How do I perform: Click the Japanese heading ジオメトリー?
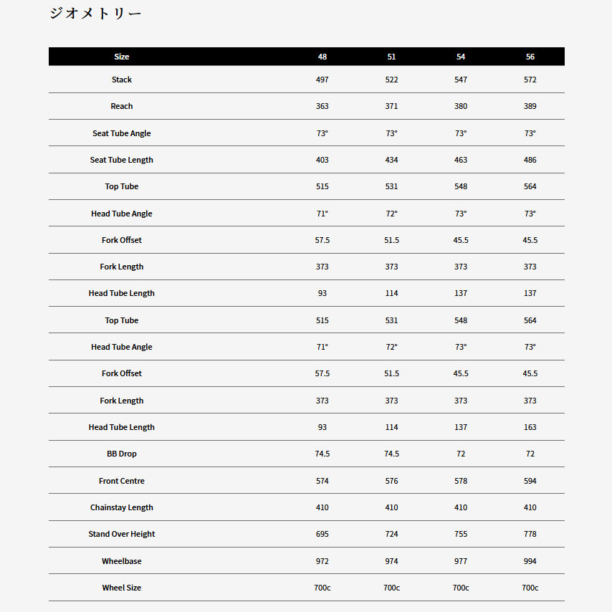coord(95,14)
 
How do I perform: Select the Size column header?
coord(122,57)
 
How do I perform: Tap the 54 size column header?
coord(461,57)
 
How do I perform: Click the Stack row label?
coord(122,80)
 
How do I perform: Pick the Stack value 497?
coord(322,80)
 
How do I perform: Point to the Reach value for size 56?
coord(530,106)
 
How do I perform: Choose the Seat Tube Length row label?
coord(122,160)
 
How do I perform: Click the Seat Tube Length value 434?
coord(391,160)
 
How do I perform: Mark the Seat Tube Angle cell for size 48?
coord(322,133)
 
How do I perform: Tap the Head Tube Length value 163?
coord(530,427)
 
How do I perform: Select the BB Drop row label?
coord(122,454)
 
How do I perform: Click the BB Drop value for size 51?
coord(391,454)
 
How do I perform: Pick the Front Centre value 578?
coord(461,481)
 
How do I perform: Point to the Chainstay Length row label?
coord(122,507)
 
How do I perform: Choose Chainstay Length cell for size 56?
coord(530,507)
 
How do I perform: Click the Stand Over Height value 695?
coord(322,534)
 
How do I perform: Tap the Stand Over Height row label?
coord(122,534)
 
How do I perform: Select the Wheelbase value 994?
coord(530,561)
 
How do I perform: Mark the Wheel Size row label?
coord(122,588)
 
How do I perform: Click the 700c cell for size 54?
coord(461,588)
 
